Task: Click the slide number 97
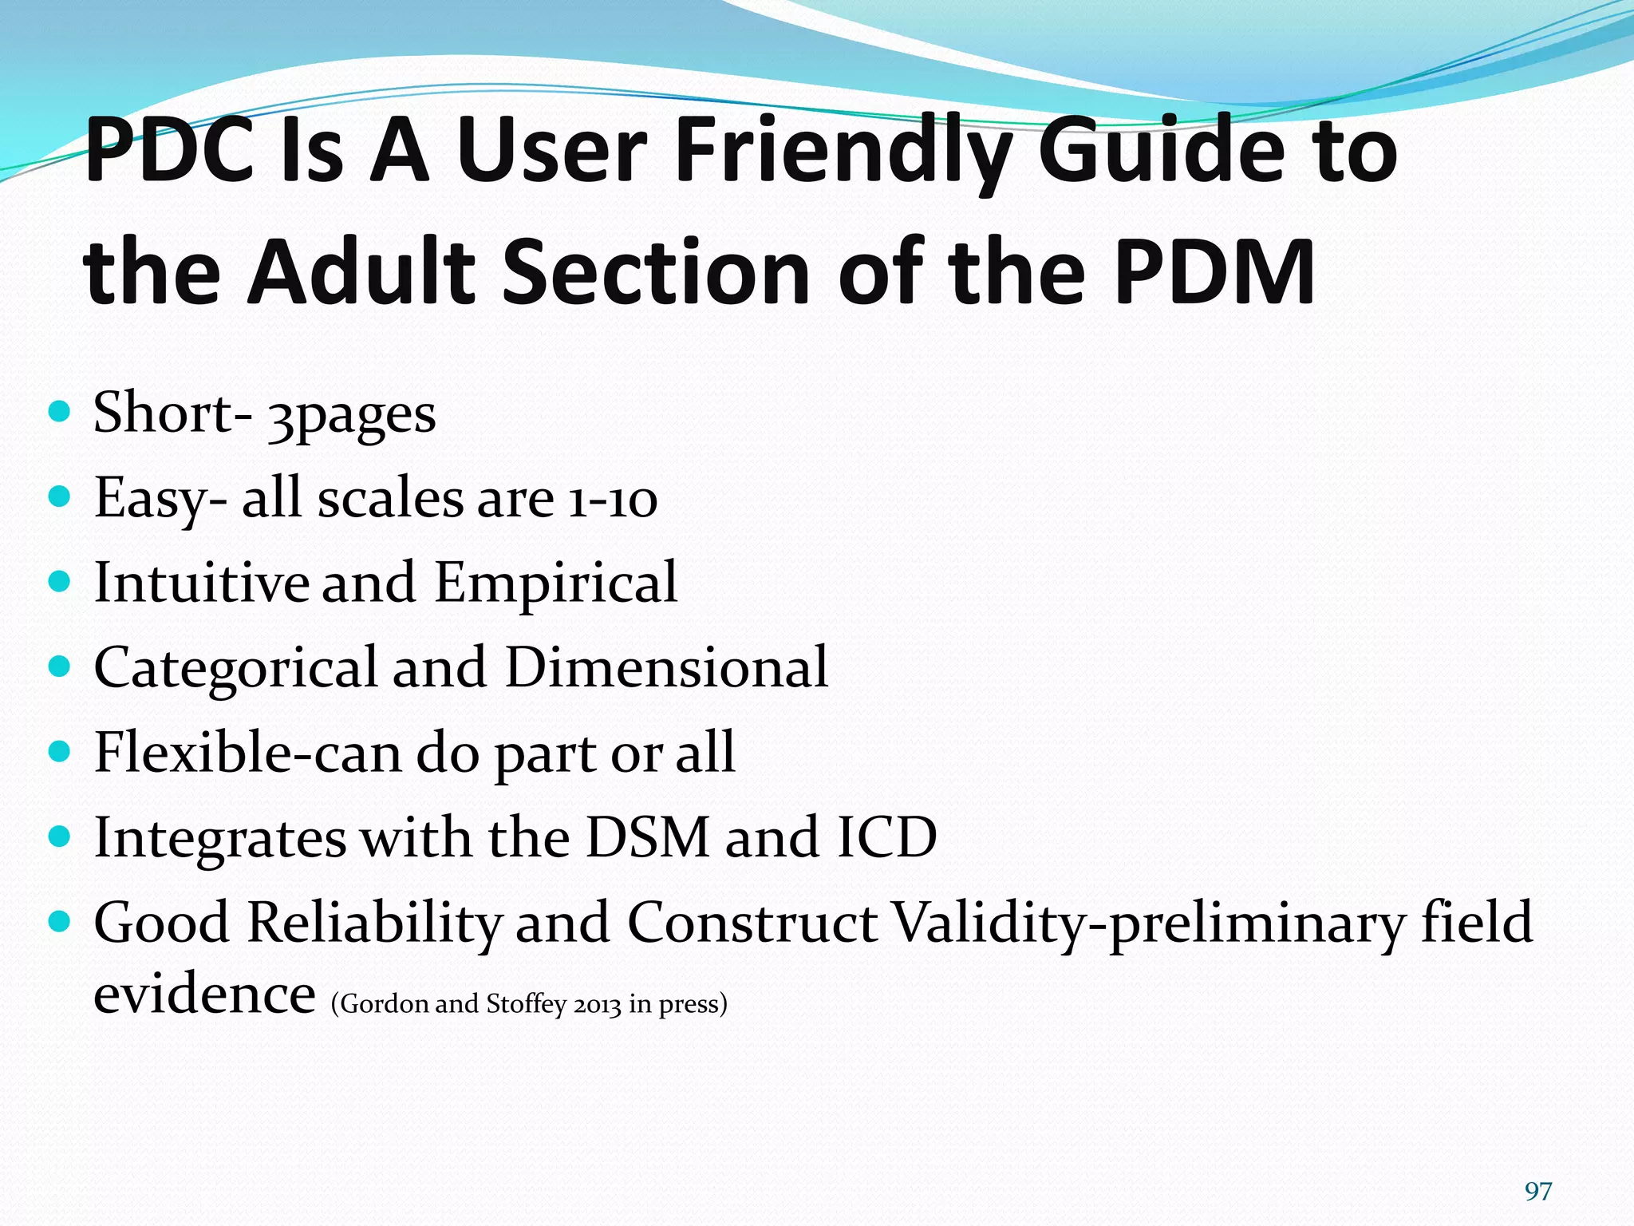(x=1537, y=1191)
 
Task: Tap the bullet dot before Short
(x=60, y=412)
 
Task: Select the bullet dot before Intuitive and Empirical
(x=60, y=581)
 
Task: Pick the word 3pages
(x=352, y=415)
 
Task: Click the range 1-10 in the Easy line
(x=613, y=500)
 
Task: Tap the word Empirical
(x=556, y=583)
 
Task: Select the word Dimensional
(x=667, y=667)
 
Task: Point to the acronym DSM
(x=647, y=837)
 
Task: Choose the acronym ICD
(x=886, y=837)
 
